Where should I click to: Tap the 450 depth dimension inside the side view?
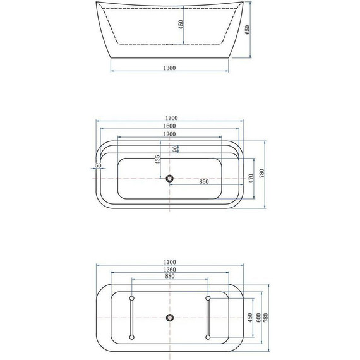click(180, 25)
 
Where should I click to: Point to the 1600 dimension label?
click(169, 126)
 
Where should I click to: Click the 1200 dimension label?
click(169, 134)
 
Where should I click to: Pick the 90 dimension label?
click(175, 149)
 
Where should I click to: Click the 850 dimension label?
click(204, 182)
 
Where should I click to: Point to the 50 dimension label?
click(98, 166)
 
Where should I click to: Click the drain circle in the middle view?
click(169, 179)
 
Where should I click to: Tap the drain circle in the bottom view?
click(169, 318)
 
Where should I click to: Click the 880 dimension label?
click(169, 276)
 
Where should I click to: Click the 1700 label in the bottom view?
click(169, 261)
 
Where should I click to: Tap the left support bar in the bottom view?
click(131, 318)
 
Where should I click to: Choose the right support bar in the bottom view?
click(208, 318)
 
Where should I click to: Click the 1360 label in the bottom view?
click(169, 269)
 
